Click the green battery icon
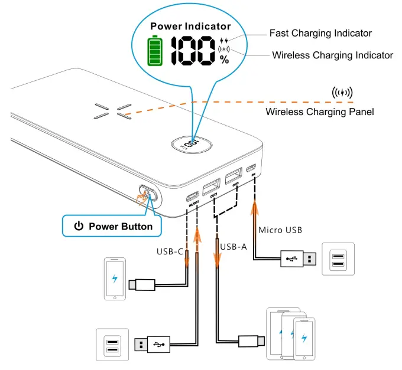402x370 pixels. click(x=155, y=51)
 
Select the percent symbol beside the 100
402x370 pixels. click(x=224, y=59)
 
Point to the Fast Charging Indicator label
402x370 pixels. click(x=320, y=34)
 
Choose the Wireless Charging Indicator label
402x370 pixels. click(x=332, y=55)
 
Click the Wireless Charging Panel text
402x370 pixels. click(x=320, y=112)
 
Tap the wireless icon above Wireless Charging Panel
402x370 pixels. click(x=342, y=93)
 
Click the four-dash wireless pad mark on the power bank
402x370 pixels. click(x=111, y=112)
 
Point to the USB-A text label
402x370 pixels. click(x=233, y=246)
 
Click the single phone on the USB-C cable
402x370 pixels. click(x=115, y=279)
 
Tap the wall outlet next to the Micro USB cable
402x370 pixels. click(x=338, y=258)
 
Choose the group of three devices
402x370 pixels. click(x=290, y=333)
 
